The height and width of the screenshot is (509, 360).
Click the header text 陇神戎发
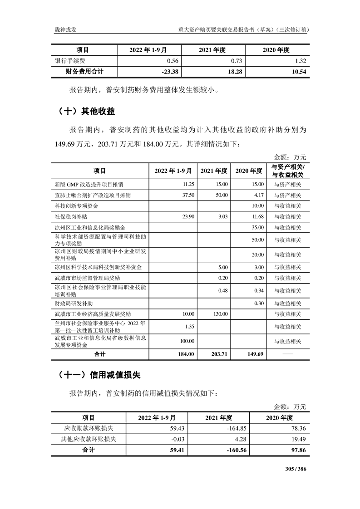(62, 30)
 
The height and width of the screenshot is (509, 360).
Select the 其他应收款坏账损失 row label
(89, 439)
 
